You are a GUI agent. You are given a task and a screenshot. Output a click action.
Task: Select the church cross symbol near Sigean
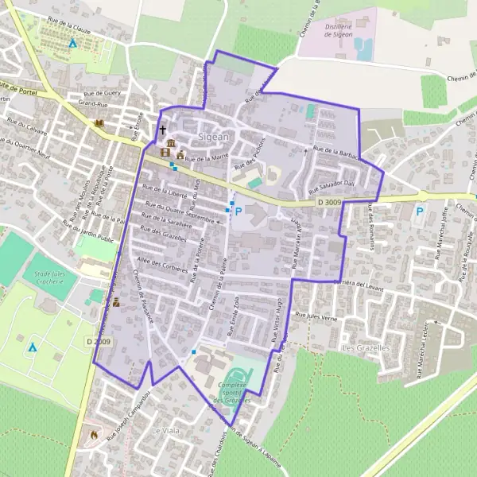click(x=163, y=130)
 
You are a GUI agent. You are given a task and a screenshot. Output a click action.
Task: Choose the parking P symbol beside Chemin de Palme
click(x=237, y=211)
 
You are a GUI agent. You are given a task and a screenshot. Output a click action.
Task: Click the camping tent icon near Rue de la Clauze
click(x=72, y=44)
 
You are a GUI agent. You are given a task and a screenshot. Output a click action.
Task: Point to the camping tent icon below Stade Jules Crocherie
click(x=33, y=347)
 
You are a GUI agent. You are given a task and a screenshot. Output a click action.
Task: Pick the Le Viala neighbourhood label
click(x=166, y=429)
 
